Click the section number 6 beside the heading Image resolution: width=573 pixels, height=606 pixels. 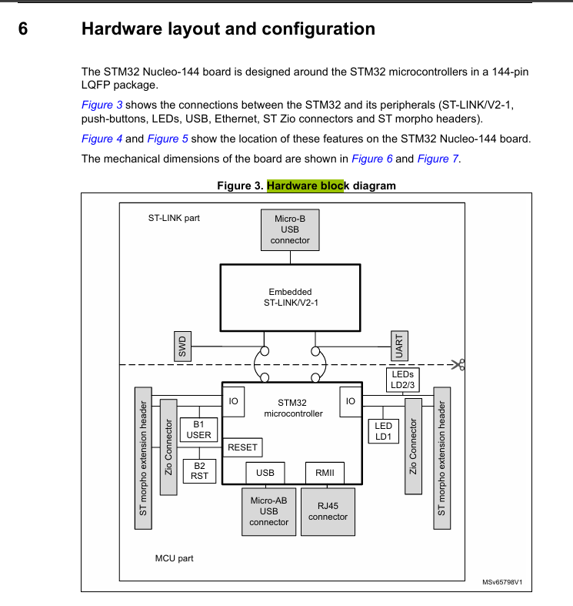tap(23, 29)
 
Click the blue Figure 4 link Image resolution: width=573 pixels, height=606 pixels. tap(102, 139)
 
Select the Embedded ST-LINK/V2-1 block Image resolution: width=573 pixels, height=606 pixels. tap(290, 298)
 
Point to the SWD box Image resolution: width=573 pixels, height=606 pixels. tap(183, 346)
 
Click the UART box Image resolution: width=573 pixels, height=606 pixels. tap(398, 346)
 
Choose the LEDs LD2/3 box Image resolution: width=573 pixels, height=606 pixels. tap(402, 380)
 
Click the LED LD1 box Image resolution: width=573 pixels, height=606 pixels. tap(383, 431)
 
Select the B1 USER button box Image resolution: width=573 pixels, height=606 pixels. tap(198, 430)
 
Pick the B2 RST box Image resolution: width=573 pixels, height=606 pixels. tap(199, 470)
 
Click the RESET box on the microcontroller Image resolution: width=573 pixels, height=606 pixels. tap(243, 447)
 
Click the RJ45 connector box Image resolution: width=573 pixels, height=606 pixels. tap(328, 511)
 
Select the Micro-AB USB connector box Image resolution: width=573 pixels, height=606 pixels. tap(268, 511)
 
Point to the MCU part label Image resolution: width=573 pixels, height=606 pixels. tap(174, 558)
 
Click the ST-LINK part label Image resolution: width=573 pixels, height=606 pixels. tap(174, 218)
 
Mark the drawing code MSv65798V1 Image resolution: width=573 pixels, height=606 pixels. tap(507, 583)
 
